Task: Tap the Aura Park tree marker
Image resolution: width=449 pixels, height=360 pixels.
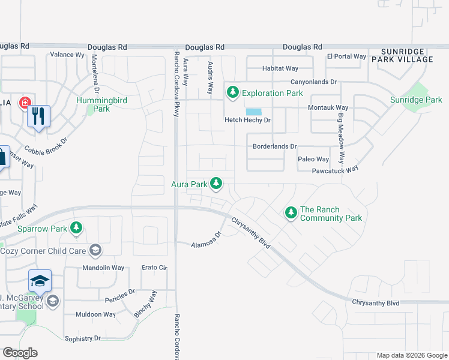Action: pyautogui.click(x=216, y=184)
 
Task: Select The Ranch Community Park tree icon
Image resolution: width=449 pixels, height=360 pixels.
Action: pyautogui.click(x=291, y=212)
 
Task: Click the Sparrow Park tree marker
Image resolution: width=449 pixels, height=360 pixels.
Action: pyautogui.click(x=76, y=228)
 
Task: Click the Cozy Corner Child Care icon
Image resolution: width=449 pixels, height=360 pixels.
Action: pyautogui.click(x=95, y=250)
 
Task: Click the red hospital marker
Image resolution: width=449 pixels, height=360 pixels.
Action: pyautogui.click(x=25, y=103)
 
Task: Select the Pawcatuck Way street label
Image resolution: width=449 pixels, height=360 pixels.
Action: pyautogui.click(x=335, y=170)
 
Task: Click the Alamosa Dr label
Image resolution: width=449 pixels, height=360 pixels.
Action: pyautogui.click(x=206, y=241)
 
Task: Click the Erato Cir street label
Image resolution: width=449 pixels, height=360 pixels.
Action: pyautogui.click(x=154, y=268)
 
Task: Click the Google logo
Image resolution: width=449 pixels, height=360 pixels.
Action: pyautogui.click(x=20, y=353)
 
